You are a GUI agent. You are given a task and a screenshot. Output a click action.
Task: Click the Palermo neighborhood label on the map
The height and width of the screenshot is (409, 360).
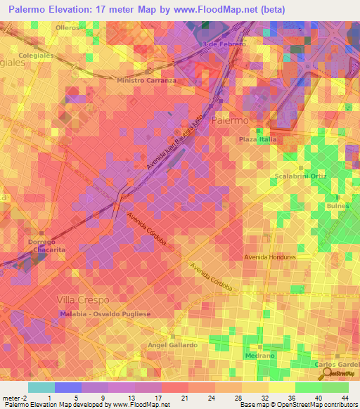pos(230,121)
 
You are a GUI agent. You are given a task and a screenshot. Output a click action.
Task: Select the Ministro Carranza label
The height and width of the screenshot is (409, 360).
pos(146,80)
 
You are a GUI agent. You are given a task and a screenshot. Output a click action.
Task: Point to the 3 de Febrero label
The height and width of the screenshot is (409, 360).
pos(223,44)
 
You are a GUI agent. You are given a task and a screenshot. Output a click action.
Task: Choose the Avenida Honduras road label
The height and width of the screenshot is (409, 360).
pos(270,257)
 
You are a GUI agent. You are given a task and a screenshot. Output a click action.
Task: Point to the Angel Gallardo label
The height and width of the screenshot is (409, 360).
pos(172,345)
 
